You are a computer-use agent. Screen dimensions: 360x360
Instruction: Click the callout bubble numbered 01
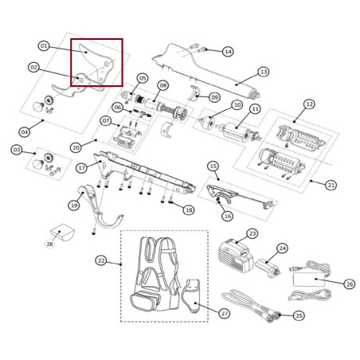pyautogui.click(x=44, y=46)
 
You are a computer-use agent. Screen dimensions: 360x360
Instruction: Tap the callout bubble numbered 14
pyautogui.click(x=228, y=52)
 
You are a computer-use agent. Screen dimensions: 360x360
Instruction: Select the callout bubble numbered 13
pyautogui.click(x=264, y=71)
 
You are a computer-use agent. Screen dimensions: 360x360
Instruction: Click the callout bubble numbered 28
pyautogui.click(x=49, y=244)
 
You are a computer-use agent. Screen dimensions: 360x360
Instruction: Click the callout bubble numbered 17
pyautogui.click(x=82, y=168)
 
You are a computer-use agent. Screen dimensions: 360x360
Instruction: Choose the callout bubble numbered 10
pyautogui.click(x=237, y=104)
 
